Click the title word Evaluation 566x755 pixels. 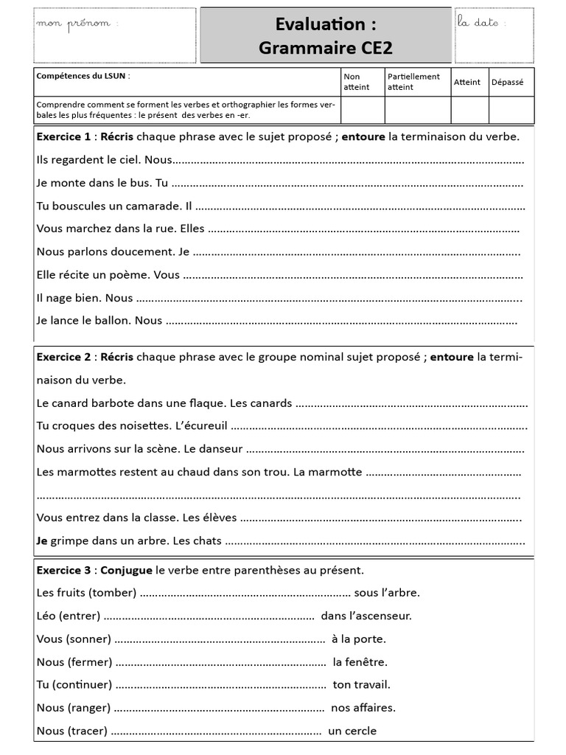tap(320, 24)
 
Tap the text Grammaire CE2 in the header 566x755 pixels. tap(326, 48)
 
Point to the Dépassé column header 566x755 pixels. tap(507, 82)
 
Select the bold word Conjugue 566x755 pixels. tap(127, 570)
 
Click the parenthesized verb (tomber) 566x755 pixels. tap(112, 593)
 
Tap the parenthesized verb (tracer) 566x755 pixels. tap(87, 731)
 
